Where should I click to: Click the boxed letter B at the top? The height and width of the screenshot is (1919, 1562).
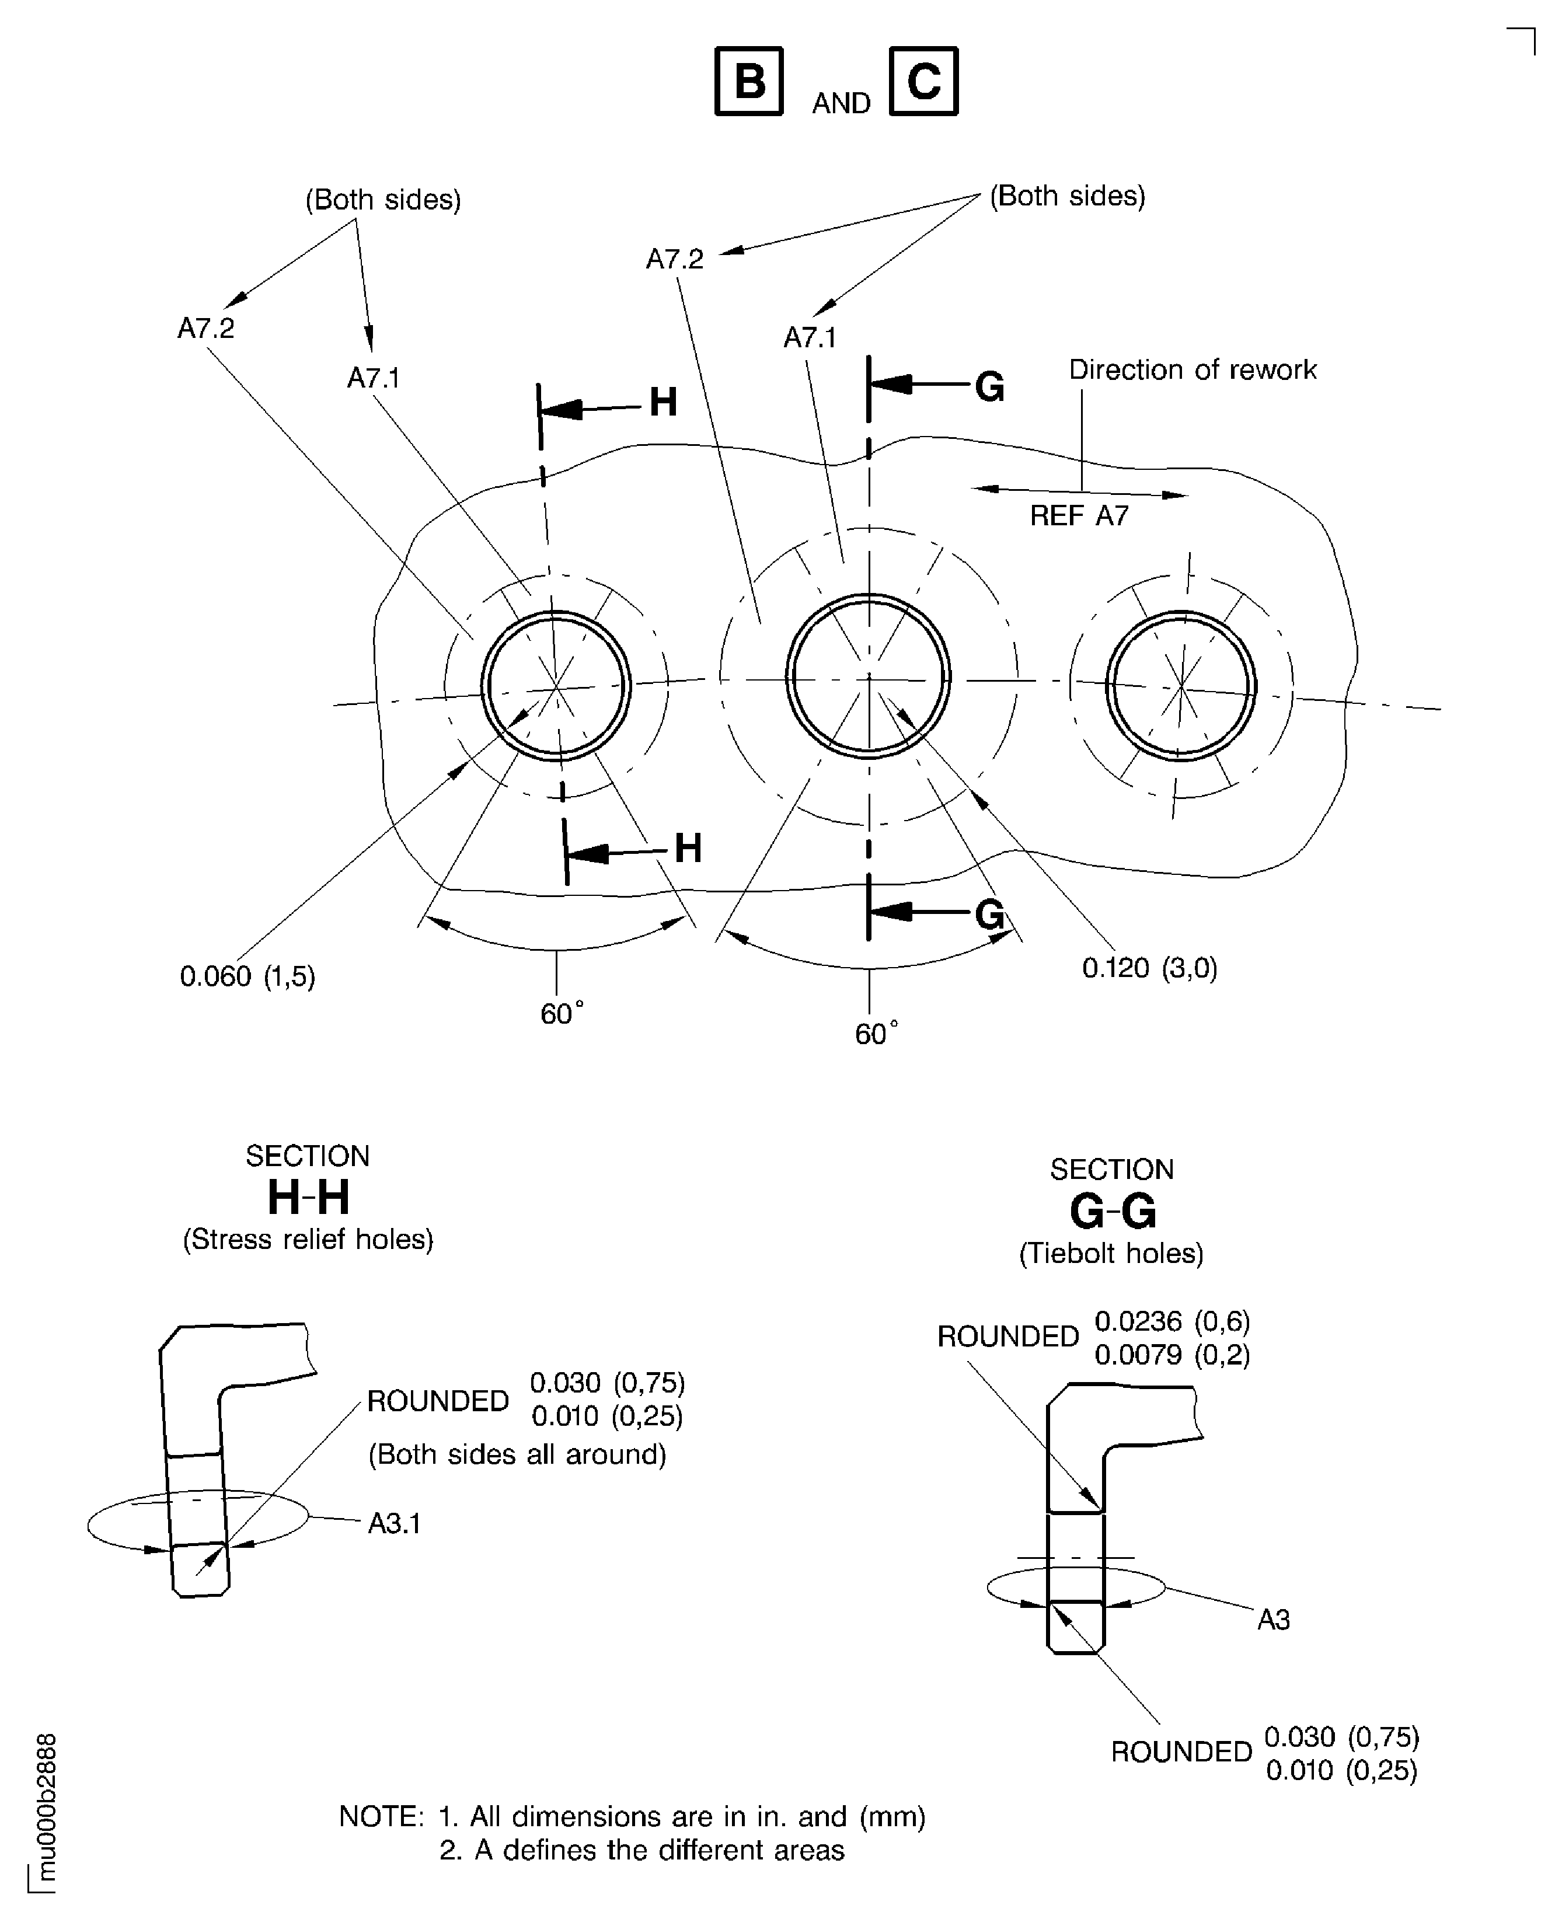pos(749,81)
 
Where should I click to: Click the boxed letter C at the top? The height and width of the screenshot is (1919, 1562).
pos(923,81)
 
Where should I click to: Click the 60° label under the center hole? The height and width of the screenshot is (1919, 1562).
pos(876,1033)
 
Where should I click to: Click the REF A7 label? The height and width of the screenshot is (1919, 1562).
pos(1079,515)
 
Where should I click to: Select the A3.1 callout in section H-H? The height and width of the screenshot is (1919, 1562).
pos(395,1523)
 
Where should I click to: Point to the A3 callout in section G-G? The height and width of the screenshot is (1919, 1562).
pos(1273,1620)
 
